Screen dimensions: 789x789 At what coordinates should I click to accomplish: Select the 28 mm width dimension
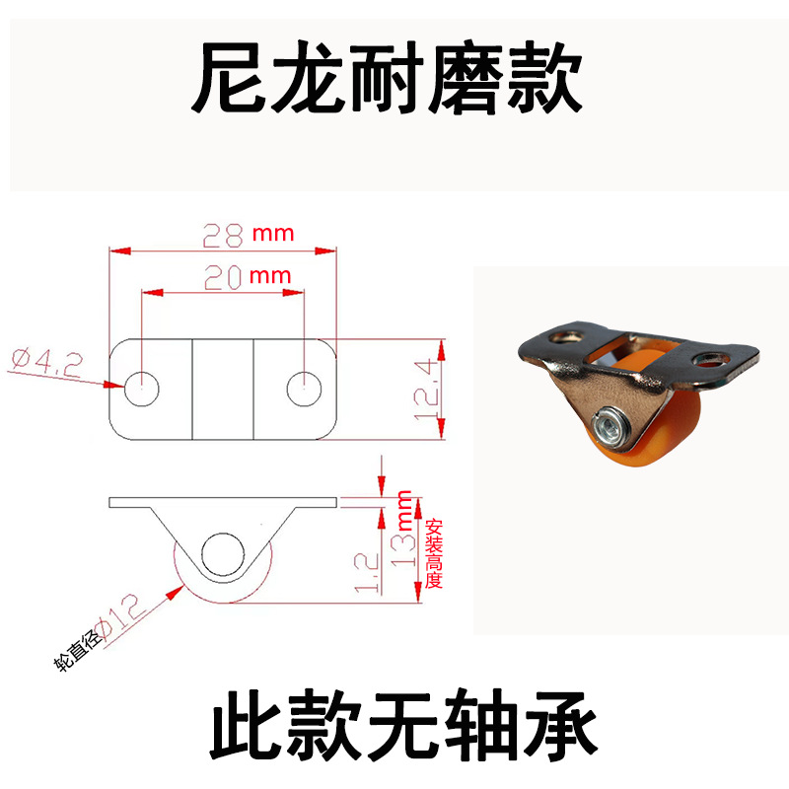click(x=248, y=235)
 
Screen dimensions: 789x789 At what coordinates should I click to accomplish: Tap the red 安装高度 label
click(x=433, y=553)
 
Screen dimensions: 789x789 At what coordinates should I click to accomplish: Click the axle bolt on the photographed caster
click(x=608, y=427)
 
